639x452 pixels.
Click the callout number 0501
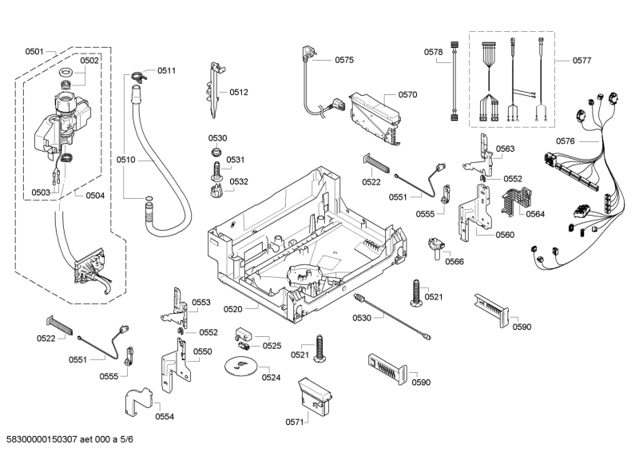tap(34, 51)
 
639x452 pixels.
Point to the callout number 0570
tap(407, 94)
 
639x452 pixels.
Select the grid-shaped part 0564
tap(512, 200)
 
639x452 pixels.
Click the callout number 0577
tap(582, 60)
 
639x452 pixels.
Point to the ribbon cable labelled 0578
tap(454, 80)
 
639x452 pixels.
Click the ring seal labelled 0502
tap(68, 75)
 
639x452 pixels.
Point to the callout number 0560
tap(505, 235)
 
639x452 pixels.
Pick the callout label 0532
tap(239, 181)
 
